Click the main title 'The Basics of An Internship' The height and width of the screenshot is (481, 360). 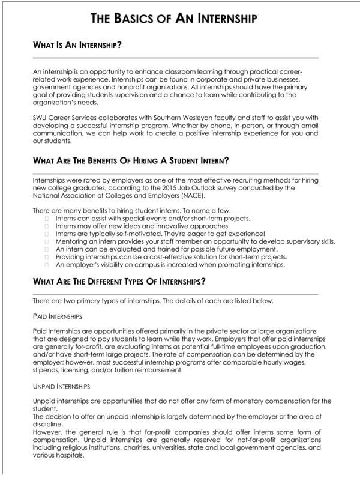tap(174, 19)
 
